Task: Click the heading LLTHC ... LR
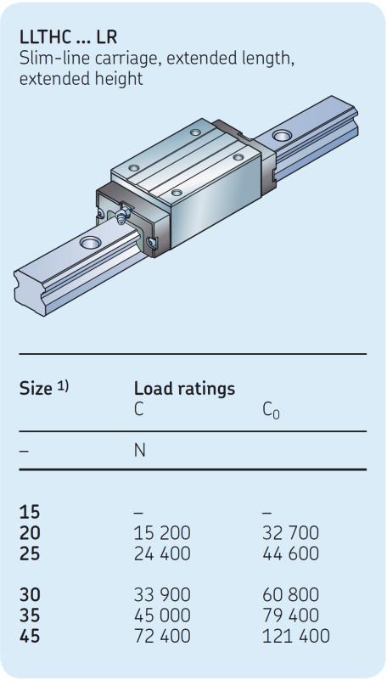tap(69, 37)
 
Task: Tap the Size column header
tap(36, 389)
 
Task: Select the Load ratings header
tap(185, 389)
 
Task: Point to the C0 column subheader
tap(271, 410)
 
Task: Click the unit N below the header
tap(140, 451)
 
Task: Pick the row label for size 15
tap(30, 512)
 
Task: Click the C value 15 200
tap(162, 532)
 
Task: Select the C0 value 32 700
tap(290, 532)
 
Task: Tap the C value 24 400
tap(162, 554)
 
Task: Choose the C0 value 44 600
tap(290, 554)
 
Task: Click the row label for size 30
tap(30, 594)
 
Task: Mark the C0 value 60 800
tap(290, 594)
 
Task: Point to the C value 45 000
tap(162, 615)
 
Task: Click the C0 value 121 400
tap(296, 636)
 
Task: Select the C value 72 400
tap(162, 636)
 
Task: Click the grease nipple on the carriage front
tap(125, 214)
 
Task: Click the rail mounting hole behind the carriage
tap(282, 136)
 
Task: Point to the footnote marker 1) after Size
tap(64, 385)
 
